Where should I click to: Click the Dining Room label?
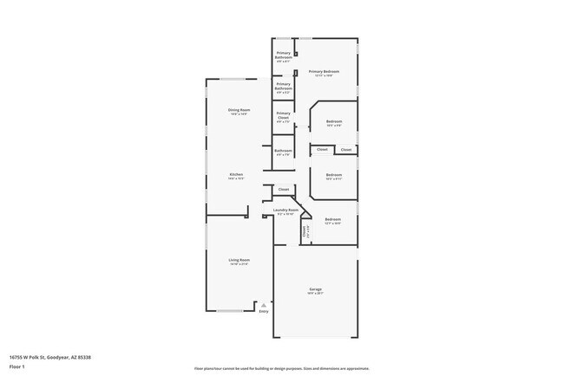[x=239, y=110]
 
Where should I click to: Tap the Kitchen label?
[x=236, y=174]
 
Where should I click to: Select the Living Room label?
[x=239, y=260]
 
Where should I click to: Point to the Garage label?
[x=316, y=288]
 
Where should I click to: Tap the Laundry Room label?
[x=285, y=210]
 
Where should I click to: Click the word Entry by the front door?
[x=264, y=311]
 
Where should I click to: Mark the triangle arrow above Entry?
[x=264, y=304]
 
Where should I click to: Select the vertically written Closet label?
[x=305, y=231]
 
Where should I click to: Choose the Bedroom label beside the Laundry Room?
[x=333, y=219]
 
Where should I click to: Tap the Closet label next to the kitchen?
[x=284, y=189]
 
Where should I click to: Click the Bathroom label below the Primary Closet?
[x=284, y=151]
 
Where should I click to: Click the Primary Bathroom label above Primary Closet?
[x=284, y=86]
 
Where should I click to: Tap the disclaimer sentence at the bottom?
[x=281, y=368]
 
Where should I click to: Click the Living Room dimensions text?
[x=239, y=264]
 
